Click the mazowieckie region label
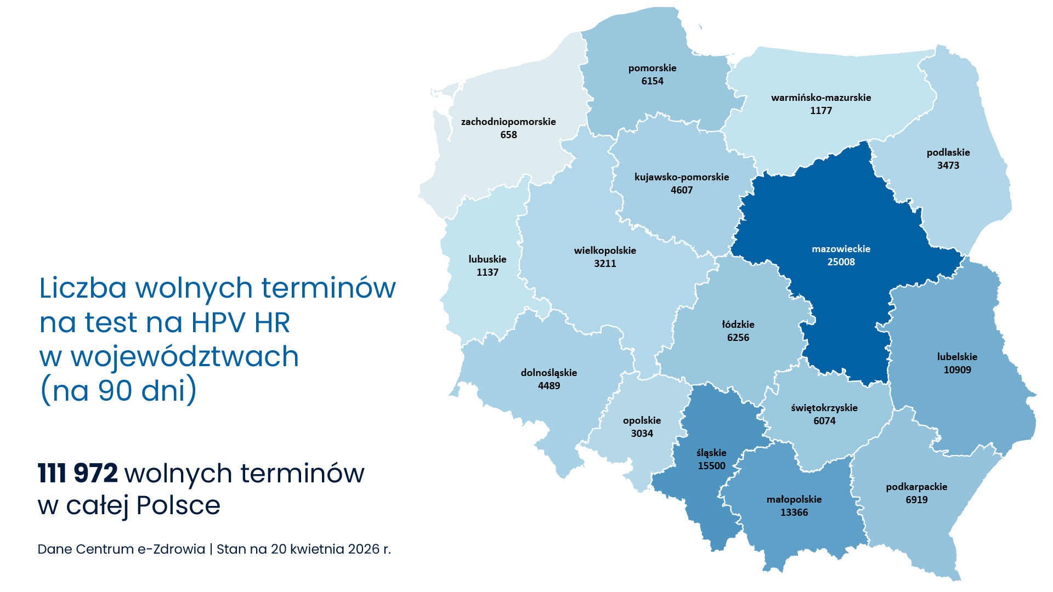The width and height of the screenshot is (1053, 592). click(841, 249)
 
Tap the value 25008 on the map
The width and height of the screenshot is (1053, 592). click(841, 262)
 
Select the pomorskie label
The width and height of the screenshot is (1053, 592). click(652, 68)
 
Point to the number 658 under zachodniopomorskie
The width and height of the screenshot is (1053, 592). click(508, 135)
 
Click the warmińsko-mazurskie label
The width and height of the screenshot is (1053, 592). click(821, 98)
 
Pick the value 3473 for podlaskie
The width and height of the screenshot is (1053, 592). click(948, 166)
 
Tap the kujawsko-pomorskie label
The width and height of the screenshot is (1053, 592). click(682, 177)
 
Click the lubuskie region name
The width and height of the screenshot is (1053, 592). click(487, 259)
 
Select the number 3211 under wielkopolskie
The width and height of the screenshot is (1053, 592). click(605, 264)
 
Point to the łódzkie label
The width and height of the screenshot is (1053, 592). click(738, 325)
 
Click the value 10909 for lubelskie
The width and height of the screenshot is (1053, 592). click(957, 370)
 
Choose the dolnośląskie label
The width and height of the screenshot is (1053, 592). click(548, 373)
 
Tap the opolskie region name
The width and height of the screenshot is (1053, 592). click(642, 420)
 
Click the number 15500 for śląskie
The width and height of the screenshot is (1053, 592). click(711, 466)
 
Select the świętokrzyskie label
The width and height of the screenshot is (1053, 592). click(824, 408)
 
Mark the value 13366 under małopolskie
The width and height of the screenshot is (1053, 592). click(794, 513)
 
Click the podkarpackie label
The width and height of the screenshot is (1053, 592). click(916, 487)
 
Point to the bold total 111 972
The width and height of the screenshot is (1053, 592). click(78, 474)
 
